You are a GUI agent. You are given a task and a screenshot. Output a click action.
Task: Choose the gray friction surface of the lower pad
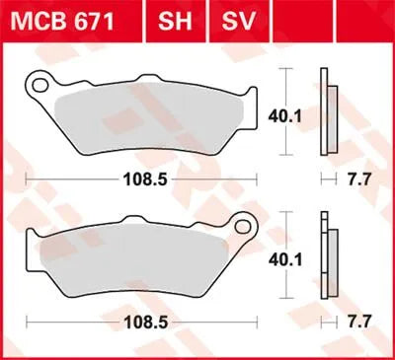point(138,258)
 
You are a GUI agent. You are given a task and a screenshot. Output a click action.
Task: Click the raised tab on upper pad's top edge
point(152,83)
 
